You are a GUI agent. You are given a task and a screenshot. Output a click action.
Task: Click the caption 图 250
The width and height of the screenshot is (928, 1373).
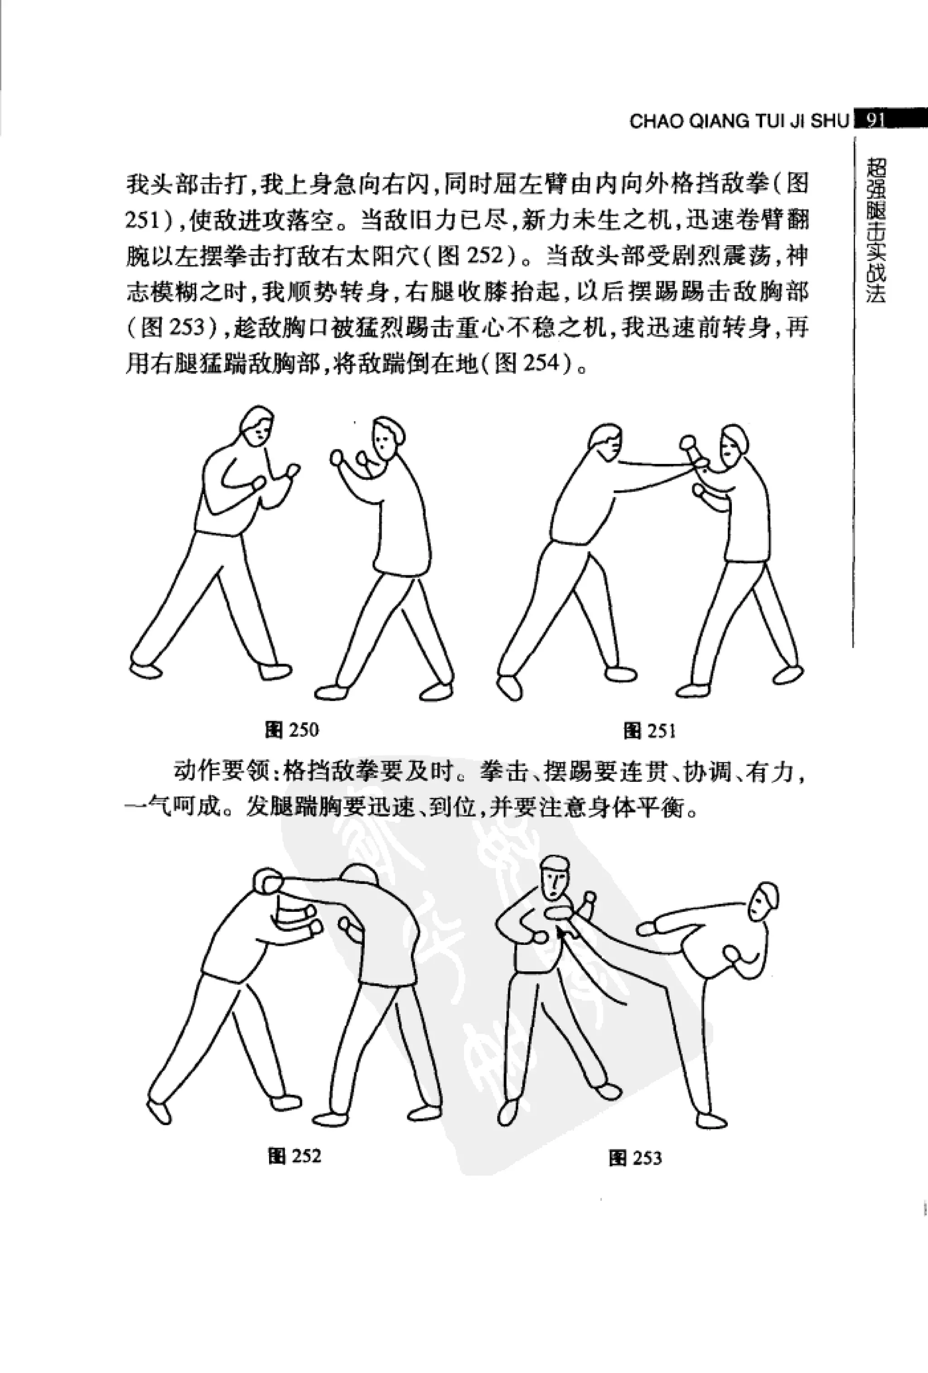(x=292, y=730)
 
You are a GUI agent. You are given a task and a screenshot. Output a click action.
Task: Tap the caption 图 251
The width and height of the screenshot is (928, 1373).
(x=650, y=731)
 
